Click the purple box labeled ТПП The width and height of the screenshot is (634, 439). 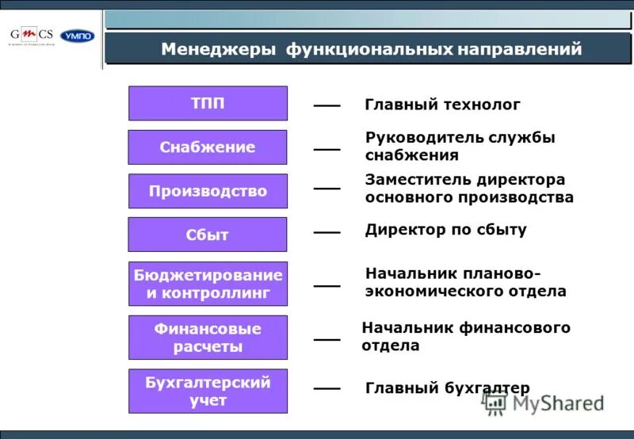208,104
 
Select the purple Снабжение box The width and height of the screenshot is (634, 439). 208,147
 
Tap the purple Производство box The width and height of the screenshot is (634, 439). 208,191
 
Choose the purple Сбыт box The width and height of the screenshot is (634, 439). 208,235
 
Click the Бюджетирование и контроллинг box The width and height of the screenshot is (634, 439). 208,284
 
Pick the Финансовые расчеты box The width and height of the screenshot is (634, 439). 208,338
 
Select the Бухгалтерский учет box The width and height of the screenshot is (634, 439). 208,391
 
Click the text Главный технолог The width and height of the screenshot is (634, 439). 442,105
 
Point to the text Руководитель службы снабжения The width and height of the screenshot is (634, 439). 460,147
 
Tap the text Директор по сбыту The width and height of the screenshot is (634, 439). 445,230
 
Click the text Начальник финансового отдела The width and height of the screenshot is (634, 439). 465,337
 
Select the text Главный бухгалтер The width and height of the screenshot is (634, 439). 447,387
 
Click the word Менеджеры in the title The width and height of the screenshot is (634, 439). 218,50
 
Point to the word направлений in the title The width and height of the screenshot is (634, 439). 518,50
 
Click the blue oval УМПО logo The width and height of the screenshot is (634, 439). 77,36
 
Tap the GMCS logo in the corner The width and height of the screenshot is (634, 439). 32,36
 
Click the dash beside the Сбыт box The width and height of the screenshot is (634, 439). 327,232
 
